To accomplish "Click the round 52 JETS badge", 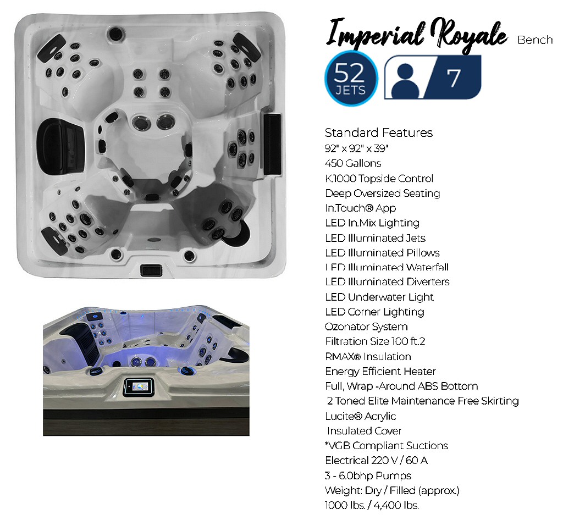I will [351, 78].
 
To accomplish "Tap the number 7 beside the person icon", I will [454, 78].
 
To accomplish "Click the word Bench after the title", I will [535, 40].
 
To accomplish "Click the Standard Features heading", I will [379, 132].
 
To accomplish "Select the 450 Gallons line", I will [353, 163].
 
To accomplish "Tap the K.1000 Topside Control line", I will [379, 178].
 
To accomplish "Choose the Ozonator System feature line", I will [366, 327].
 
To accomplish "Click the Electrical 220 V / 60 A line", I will [376, 460].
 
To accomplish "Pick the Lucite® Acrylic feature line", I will [360, 416].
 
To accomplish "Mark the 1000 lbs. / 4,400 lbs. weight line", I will [372, 505].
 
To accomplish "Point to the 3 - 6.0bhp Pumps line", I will [368, 475].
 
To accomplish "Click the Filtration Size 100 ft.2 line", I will [375, 341].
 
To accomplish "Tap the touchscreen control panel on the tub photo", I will [137, 386].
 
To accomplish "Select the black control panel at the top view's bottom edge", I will [151, 270].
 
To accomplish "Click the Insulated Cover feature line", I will [364, 431].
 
